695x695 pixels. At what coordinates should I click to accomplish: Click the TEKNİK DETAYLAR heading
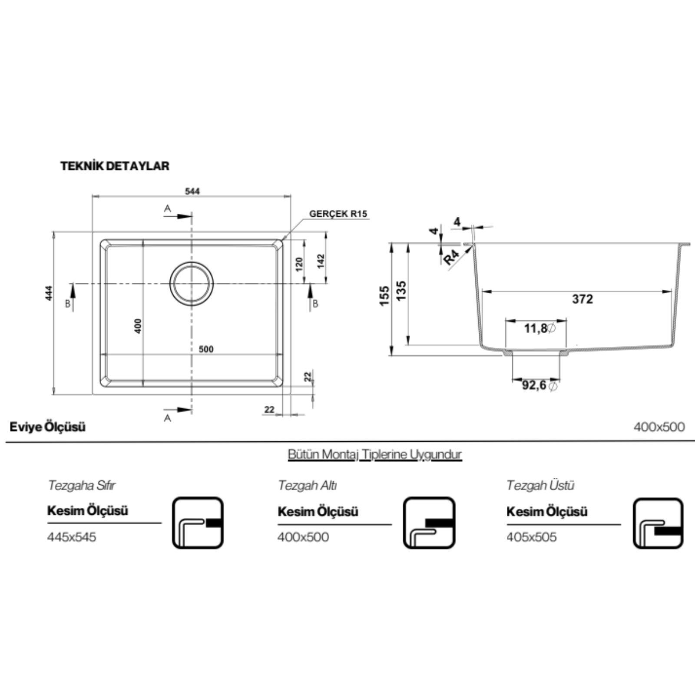tap(115, 166)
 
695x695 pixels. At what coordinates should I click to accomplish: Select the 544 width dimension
tap(192, 191)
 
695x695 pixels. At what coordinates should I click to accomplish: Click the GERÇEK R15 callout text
tap(338, 214)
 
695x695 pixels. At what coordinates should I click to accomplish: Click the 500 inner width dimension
tap(206, 349)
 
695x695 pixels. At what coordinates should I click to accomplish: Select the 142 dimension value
tap(321, 261)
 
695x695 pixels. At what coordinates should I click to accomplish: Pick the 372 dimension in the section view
tap(582, 299)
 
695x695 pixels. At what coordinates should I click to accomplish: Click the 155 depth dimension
tap(384, 295)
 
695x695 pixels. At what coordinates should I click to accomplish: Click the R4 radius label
tap(451, 258)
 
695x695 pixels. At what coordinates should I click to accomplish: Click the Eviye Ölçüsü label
tap(48, 427)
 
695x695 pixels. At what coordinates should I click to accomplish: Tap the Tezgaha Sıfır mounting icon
tap(198, 523)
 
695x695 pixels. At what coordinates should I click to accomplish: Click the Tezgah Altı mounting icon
tap(429, 523)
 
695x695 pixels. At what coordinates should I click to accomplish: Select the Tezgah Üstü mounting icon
tap(658, 523)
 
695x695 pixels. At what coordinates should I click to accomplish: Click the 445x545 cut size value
tap(72, 537)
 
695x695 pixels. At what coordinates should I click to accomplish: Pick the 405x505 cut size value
tap(531, 537)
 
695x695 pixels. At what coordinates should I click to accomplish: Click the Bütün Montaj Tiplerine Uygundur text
tap(374, 454)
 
